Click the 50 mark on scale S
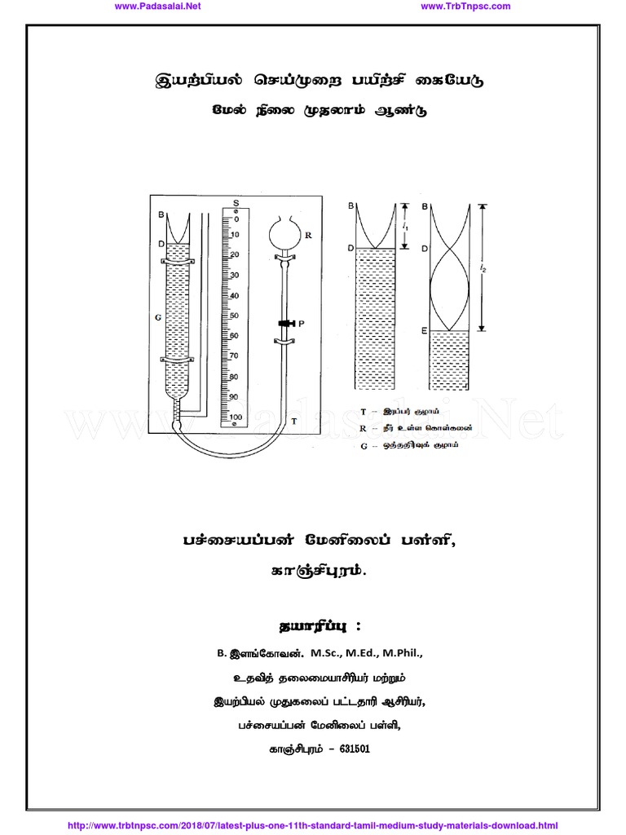[x=234, y=316]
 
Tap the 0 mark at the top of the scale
[x=236, y=219]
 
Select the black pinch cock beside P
[x=285, y=324]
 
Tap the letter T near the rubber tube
[x=293, y=422]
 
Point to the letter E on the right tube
[x=425, y=331]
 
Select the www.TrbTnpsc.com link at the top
[x=465, y=7]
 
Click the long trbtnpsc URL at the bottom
[x=312, y=826]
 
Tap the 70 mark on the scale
[x=234, y=356]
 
